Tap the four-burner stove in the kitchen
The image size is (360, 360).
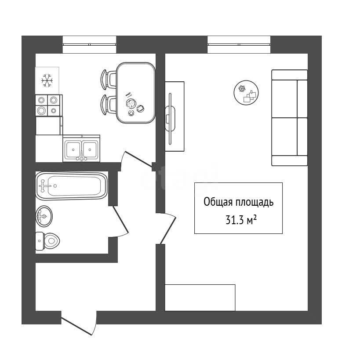(48, 105)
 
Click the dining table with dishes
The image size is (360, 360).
(136, 93)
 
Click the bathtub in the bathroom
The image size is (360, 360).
(71, 186)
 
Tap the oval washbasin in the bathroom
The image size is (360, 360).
(44, 216)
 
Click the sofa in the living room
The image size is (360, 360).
(289, 117)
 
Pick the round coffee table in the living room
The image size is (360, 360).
(246, 93)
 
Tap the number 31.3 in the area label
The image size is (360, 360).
(234, 220)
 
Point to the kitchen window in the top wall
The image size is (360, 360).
(89, 44)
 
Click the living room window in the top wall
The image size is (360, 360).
(239, 44)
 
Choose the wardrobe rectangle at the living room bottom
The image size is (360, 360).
(200, 298)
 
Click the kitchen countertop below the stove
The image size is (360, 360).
(48, 126)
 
